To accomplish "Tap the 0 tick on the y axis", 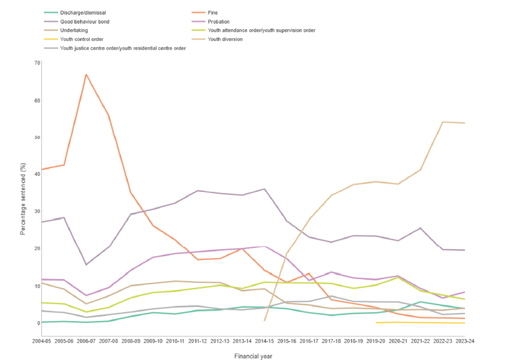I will point(38,322).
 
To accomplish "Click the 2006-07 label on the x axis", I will point(86,341).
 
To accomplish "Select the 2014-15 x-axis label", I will point(264,341).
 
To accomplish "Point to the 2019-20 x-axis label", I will point(376,341).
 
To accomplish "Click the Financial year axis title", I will point(253,356).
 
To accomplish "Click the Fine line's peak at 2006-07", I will point(86,75).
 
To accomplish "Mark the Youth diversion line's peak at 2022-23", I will point(443,122).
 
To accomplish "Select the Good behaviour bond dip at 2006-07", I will point(86,264).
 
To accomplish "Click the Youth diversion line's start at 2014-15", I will point(264,320).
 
